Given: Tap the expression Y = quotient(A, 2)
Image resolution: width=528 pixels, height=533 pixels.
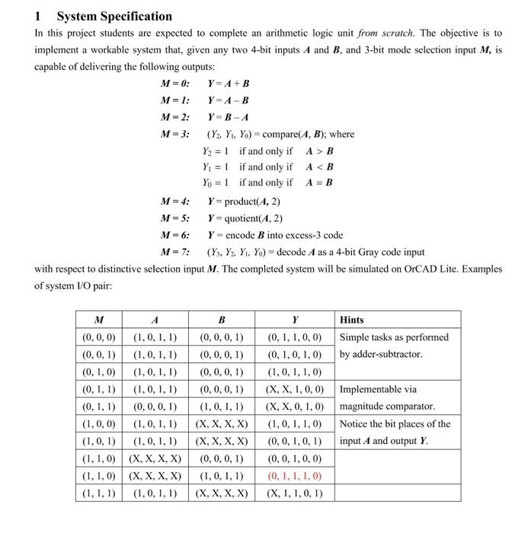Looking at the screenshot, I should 245,218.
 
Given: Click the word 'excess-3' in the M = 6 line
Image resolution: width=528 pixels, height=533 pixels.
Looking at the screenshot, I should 305,235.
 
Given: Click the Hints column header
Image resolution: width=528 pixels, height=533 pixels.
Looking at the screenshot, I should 352,320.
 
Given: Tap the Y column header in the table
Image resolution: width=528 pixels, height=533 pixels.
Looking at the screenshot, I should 294,320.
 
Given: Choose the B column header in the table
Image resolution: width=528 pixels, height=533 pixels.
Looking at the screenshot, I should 221,320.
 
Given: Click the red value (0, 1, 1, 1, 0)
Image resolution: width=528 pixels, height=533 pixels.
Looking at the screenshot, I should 294,476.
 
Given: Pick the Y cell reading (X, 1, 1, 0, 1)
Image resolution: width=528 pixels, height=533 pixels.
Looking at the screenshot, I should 294,493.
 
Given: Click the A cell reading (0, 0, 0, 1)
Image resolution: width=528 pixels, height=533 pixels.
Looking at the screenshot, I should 155,407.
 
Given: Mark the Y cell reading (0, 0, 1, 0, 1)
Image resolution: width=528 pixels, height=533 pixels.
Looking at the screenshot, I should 294,442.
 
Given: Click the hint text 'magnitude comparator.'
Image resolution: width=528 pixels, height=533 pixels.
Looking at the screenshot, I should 387,407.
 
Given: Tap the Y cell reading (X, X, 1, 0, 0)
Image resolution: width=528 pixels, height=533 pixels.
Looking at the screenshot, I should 294,389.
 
